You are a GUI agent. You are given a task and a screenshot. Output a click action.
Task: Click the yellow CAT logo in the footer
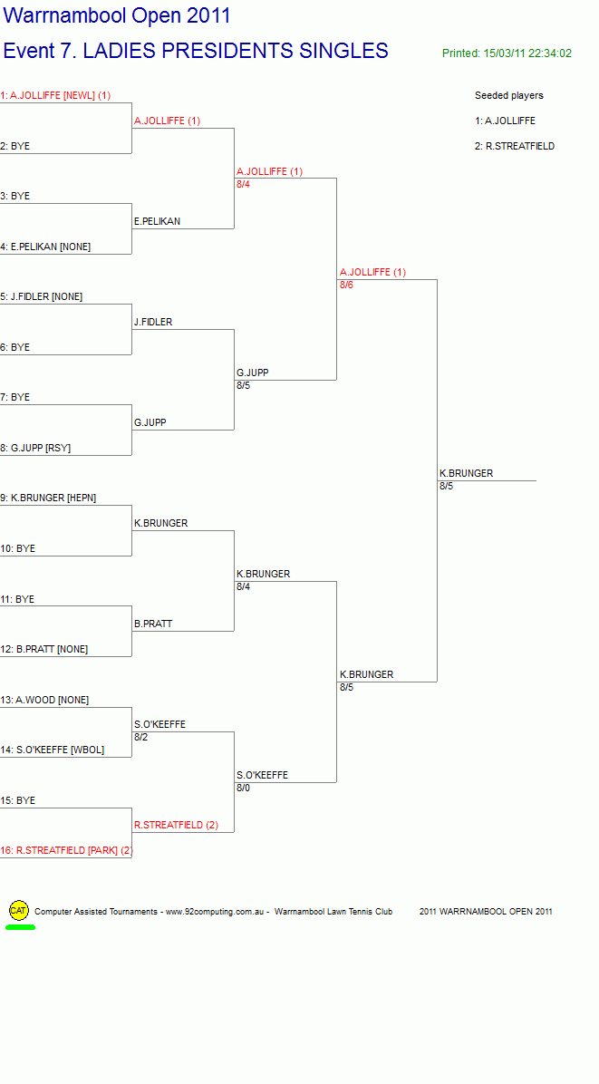pyautogui.click(x=19, y=911)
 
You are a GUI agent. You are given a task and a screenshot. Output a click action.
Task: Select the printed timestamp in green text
pyautogui.click(x=507, y=53)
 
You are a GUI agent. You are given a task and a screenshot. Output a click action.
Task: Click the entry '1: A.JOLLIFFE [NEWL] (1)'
pyautogui.click(x=55, y=95)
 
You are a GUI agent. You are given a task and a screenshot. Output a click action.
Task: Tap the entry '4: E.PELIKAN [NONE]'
pyautogui.click(x=45, y=247)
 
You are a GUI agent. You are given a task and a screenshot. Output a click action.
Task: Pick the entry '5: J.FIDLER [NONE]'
pyautogui.click(x=42, y=296)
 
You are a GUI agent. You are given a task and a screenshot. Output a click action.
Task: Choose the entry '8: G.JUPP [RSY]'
pyautogui.click(x=35, y=448)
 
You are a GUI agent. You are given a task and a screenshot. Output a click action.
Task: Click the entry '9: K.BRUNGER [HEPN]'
pyautogui.click(x=48, y=498)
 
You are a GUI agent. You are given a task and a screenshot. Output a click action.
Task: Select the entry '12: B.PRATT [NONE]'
pyautogui.click(x=44, y=649)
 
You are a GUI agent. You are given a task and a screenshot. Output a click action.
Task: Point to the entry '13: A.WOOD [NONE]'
pyautogui.click(x=45, y=700)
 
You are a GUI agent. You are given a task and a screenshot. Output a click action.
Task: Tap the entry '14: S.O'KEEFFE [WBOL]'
pyautogui.click(x=53, y=750)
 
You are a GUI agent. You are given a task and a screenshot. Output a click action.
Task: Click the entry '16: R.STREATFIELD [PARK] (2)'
pyautogui.click(x=66, y=850)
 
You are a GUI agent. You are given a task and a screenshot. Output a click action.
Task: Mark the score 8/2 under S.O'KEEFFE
pyautogui.click(x=141, y=737)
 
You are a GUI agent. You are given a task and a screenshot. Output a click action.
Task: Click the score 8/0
pyautogui.click(x=243, y=788)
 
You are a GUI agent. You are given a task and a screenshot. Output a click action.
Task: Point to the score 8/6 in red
pyautogui.click(x=346, y=285)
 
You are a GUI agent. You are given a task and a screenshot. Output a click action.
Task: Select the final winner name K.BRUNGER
pyautogui.click(x=467, y=473)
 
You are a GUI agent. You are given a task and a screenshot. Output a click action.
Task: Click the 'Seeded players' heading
pyautogui.click(x=509, y=95)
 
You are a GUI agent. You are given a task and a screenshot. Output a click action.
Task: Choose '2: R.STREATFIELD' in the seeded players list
pyautogui.click(x=515, y=146)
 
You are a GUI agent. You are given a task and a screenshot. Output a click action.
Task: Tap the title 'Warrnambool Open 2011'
pyautogui.click(x=117, y=16)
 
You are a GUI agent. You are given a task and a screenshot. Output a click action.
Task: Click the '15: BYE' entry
pyautogui.click(x=18, y=800)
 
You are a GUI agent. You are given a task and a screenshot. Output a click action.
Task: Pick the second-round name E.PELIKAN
pyautogui.click(x=158, y=221)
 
